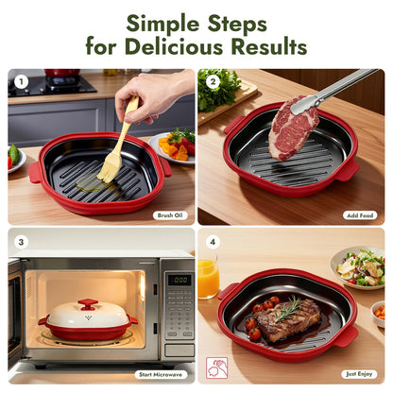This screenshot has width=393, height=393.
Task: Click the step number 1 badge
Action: (21, 81)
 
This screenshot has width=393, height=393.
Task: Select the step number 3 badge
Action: (21, 241)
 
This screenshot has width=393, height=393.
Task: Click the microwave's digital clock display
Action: (179, 280)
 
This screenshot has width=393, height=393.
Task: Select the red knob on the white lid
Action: (88, 304)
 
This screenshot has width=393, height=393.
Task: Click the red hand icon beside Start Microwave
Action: (216, 367)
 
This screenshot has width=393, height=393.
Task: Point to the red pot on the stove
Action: (62, 74)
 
